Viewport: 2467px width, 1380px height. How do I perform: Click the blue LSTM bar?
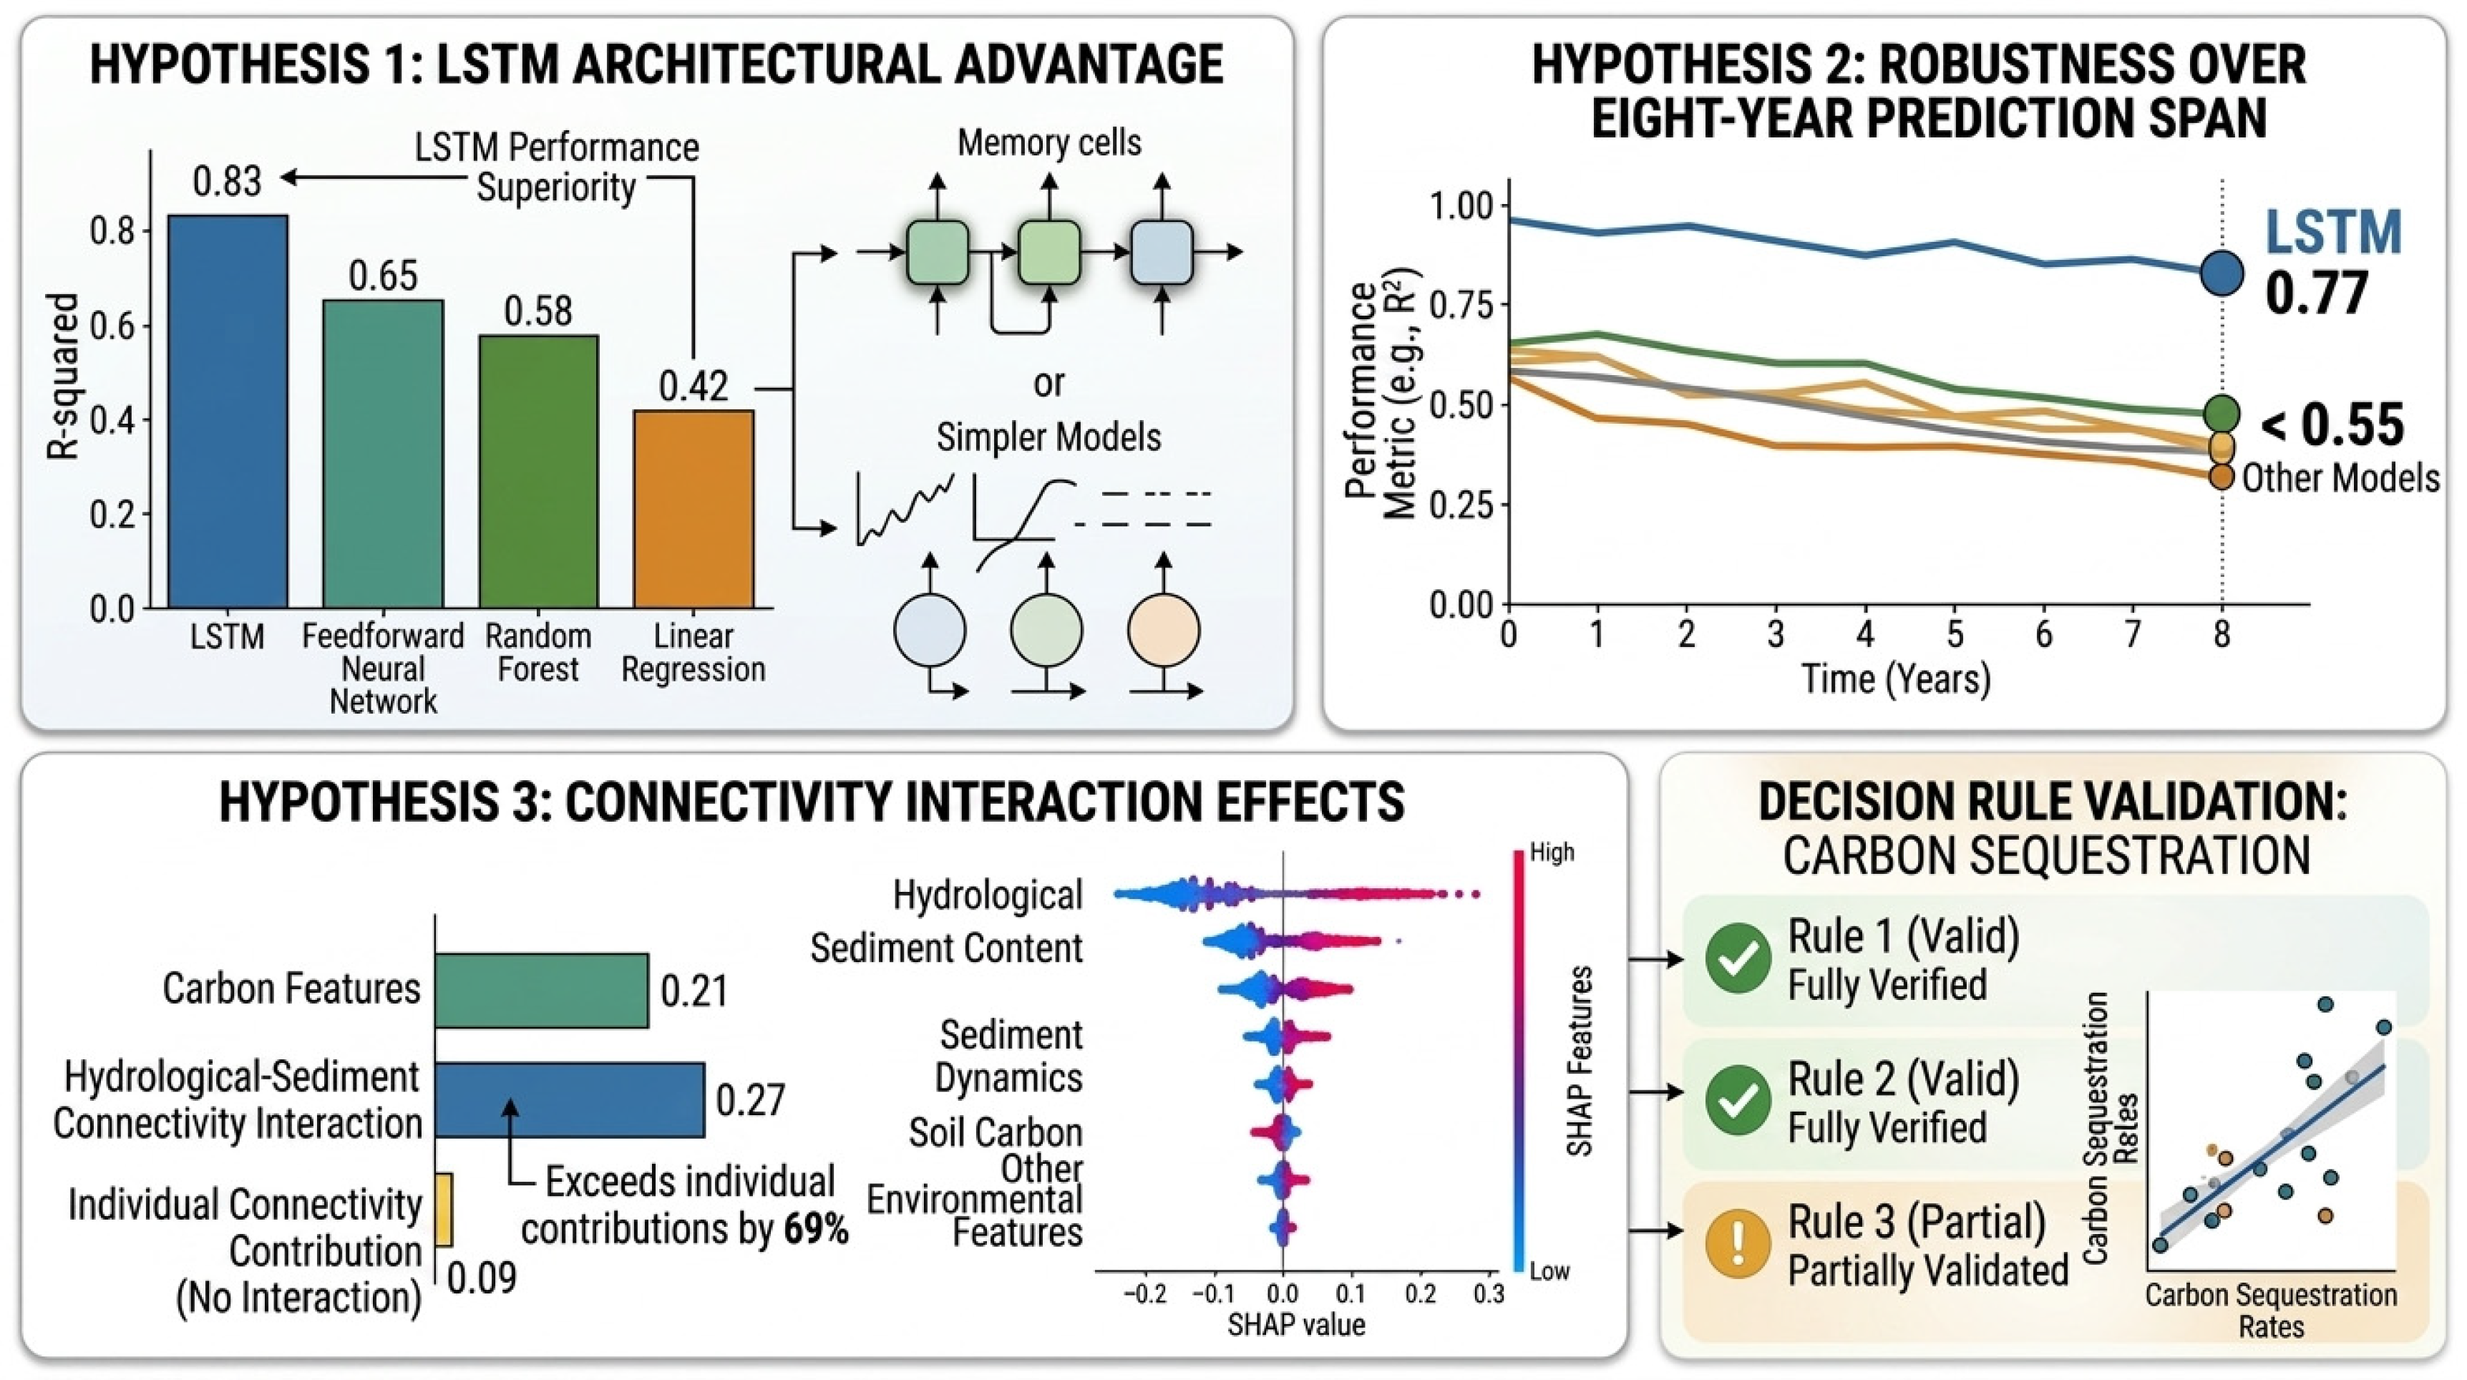coord(227,412)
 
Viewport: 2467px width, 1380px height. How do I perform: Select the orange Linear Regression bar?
coord(694,510)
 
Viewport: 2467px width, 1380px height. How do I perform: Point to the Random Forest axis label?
coord(538,652)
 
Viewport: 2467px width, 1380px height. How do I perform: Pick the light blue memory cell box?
coord(1162,253)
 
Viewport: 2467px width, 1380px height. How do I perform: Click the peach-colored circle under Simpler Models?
coord(1164,630)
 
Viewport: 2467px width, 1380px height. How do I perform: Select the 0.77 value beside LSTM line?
coord(2317,293)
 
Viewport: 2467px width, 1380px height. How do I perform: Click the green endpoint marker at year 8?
coord(2222,414)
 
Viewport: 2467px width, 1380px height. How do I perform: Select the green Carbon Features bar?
coord(542,990)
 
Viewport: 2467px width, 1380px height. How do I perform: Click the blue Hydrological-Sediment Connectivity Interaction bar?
coord(570,1099)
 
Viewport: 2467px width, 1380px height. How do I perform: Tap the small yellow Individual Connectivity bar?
coord(444,1210)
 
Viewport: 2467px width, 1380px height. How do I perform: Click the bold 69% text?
coord(816,1229)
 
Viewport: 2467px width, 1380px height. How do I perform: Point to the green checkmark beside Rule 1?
coord(1738,958)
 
